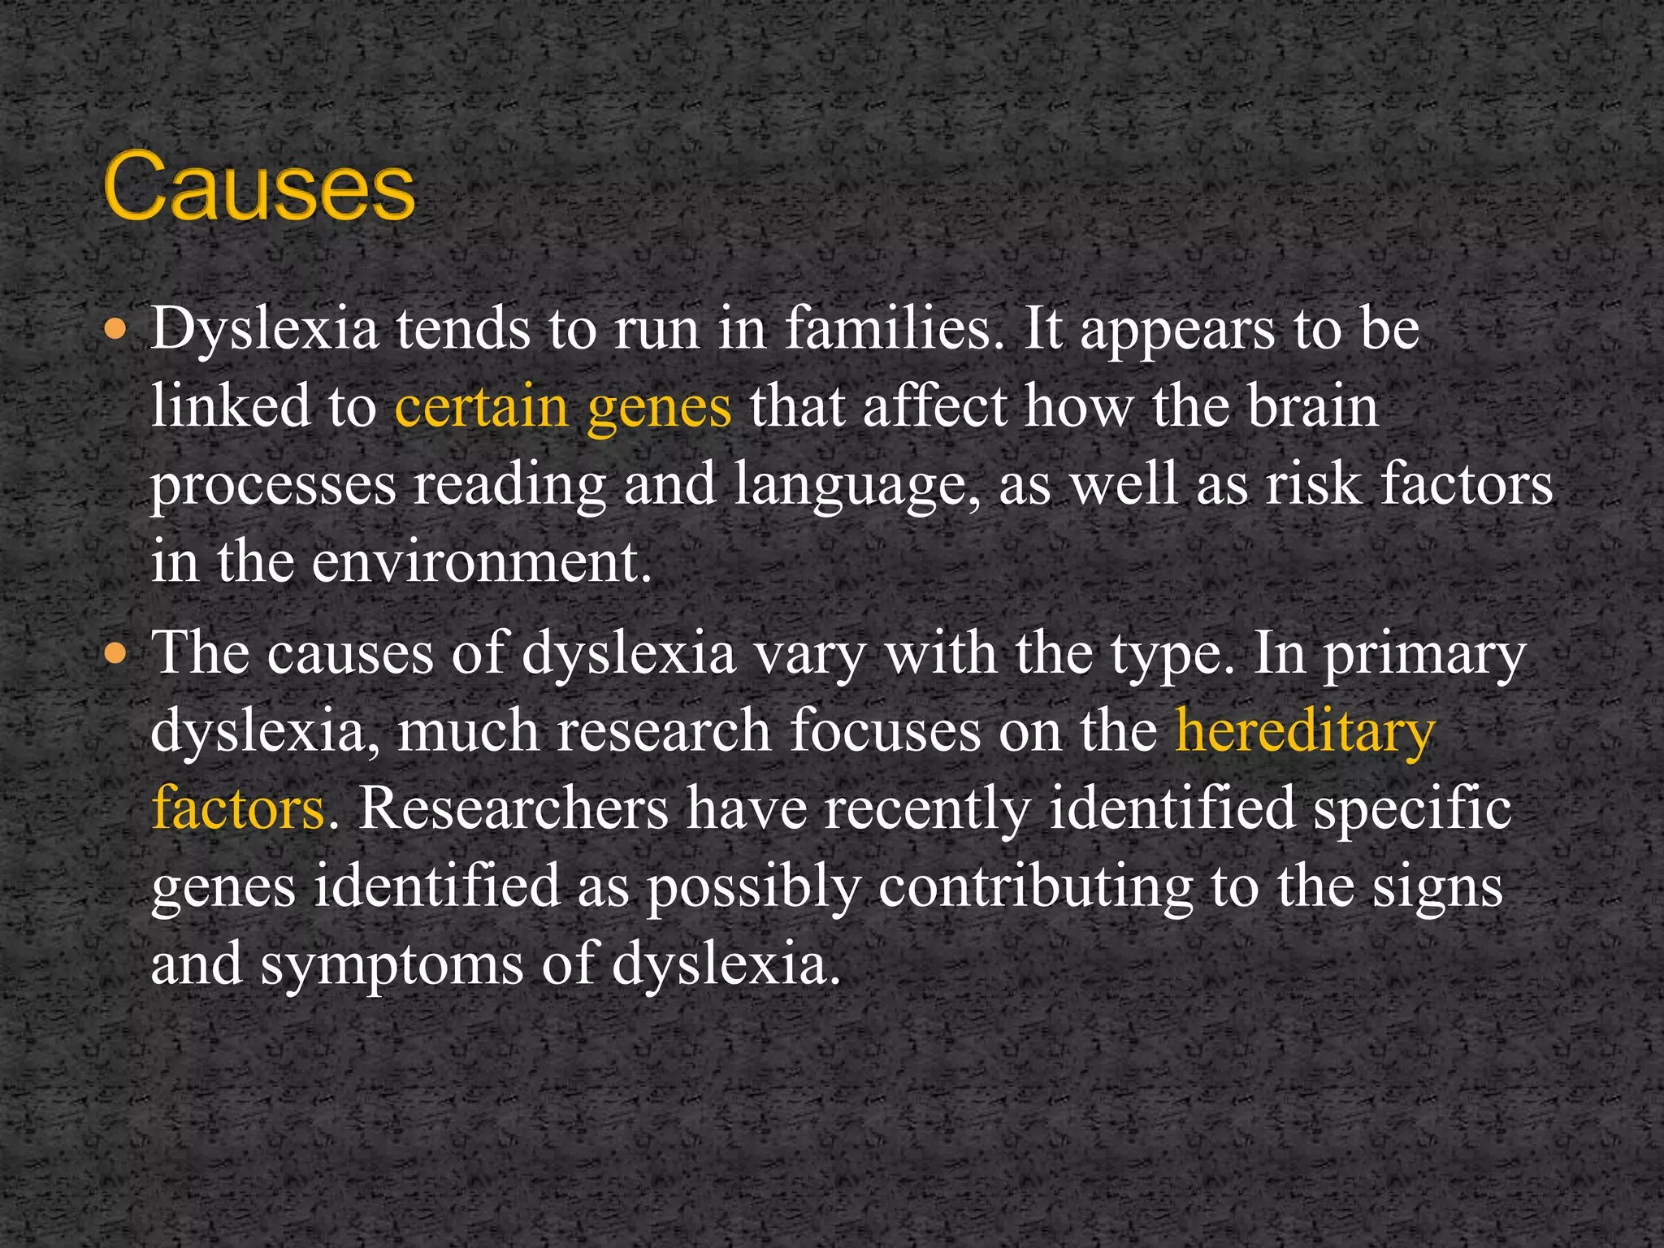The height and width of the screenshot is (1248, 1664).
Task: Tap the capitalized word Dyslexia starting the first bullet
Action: (x=264, y=330)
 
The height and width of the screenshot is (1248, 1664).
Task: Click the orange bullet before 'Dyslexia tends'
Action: (x=117, y=329)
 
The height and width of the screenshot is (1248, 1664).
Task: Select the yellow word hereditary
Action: (x=1305, y=731)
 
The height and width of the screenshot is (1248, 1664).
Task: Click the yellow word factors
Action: (x=238, y=808)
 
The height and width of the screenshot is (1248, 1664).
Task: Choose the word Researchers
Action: (x=513, y=808)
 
